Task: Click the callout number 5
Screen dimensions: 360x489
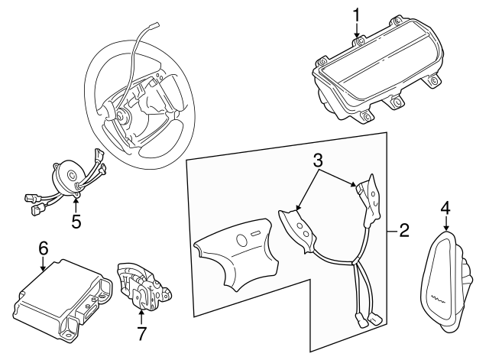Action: pyautogui.click(x=76, y=222)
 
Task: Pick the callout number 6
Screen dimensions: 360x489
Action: pyautogui.click(x=44, y=248)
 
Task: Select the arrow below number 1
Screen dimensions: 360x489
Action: pyautogui.click(x=357, y=32)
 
